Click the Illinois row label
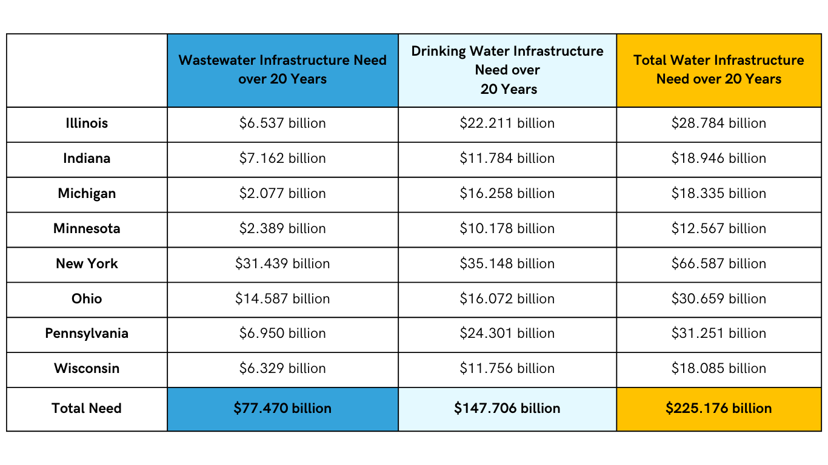point(87,124)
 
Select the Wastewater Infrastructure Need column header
point(282,70)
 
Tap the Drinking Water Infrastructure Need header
point(507,70)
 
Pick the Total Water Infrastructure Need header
point(718,70)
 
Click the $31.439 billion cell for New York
point(282,264)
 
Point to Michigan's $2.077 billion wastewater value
point(282,194)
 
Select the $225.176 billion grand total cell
point(718,409)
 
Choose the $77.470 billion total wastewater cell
point(282,409)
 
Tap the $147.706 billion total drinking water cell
point(507,409)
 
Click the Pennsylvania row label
point(87,334)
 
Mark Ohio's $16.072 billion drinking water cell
point(507,299)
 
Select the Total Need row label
point(87,409)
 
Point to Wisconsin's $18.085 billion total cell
point(718,369)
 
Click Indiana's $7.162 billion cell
point(282,159)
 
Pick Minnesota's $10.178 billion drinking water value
point(507,229)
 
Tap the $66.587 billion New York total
point(718,264)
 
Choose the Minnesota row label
point(87,229)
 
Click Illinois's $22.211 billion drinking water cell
point(507,124)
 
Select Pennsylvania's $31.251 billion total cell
point(718,334)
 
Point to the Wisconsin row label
point(87,369)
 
